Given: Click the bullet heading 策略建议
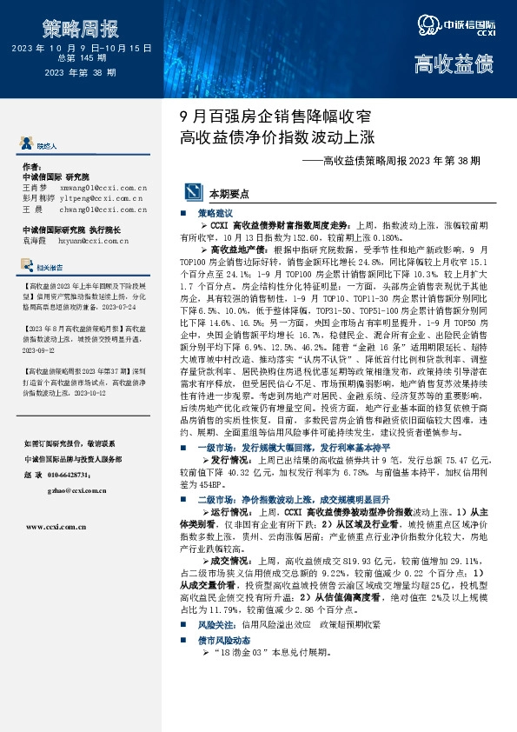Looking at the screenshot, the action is click(215, 212).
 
